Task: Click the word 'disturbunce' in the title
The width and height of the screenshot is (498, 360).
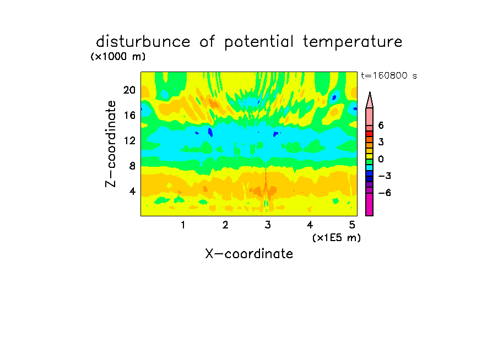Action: point(143,42)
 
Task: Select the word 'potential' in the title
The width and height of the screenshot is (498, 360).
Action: point(259,42)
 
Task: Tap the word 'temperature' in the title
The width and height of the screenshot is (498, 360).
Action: point(353,42)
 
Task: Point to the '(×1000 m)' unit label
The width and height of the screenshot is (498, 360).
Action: point(118,57)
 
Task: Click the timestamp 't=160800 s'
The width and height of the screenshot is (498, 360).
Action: point(389,75)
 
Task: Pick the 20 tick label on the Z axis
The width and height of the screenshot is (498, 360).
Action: point(129,90)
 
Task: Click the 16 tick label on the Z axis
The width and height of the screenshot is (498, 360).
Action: point(129,115)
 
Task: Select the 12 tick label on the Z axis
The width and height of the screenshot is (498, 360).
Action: point(129,140)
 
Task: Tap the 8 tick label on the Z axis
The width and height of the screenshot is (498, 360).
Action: point(132,166)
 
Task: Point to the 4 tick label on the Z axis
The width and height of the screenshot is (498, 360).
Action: point(132,191)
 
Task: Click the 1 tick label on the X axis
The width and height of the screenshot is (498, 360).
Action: point(183,225)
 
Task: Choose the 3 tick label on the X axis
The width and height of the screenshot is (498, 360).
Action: point(268,225)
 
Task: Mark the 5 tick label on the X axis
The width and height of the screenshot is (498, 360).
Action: point(352,225)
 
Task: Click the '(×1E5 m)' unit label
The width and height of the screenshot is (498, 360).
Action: point(337,238)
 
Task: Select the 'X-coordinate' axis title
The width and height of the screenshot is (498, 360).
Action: point(249,254)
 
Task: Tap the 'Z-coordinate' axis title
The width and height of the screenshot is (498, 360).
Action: point(111,144)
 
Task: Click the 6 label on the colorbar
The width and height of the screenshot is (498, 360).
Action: point(381,126)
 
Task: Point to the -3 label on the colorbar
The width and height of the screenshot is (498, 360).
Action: point(385,176)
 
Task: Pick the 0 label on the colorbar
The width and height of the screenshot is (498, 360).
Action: point(381,159)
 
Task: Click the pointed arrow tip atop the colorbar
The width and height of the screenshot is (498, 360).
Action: point(370,92)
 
